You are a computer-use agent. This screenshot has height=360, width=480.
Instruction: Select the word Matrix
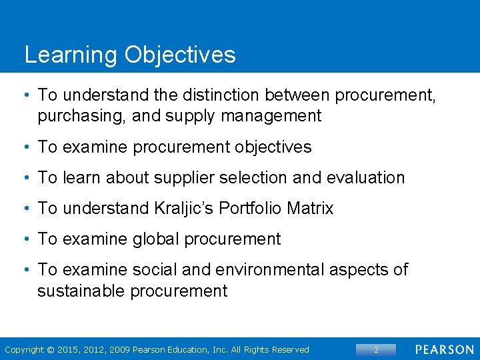point(310,209)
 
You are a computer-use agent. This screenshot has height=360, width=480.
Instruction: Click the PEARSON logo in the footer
point(445,349)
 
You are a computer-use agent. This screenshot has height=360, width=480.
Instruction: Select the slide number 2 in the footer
point(375,349)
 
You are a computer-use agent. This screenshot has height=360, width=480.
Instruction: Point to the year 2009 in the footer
point(121,350)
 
